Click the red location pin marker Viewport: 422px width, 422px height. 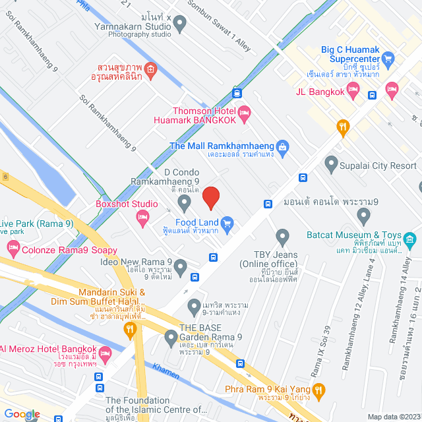210,197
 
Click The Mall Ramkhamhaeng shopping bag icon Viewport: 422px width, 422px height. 283,146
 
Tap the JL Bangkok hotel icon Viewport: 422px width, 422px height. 392,88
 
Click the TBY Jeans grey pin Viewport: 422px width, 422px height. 283,235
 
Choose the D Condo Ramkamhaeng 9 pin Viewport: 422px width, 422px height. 185,200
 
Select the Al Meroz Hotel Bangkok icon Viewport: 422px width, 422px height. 105,349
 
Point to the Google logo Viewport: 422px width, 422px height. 22,413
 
